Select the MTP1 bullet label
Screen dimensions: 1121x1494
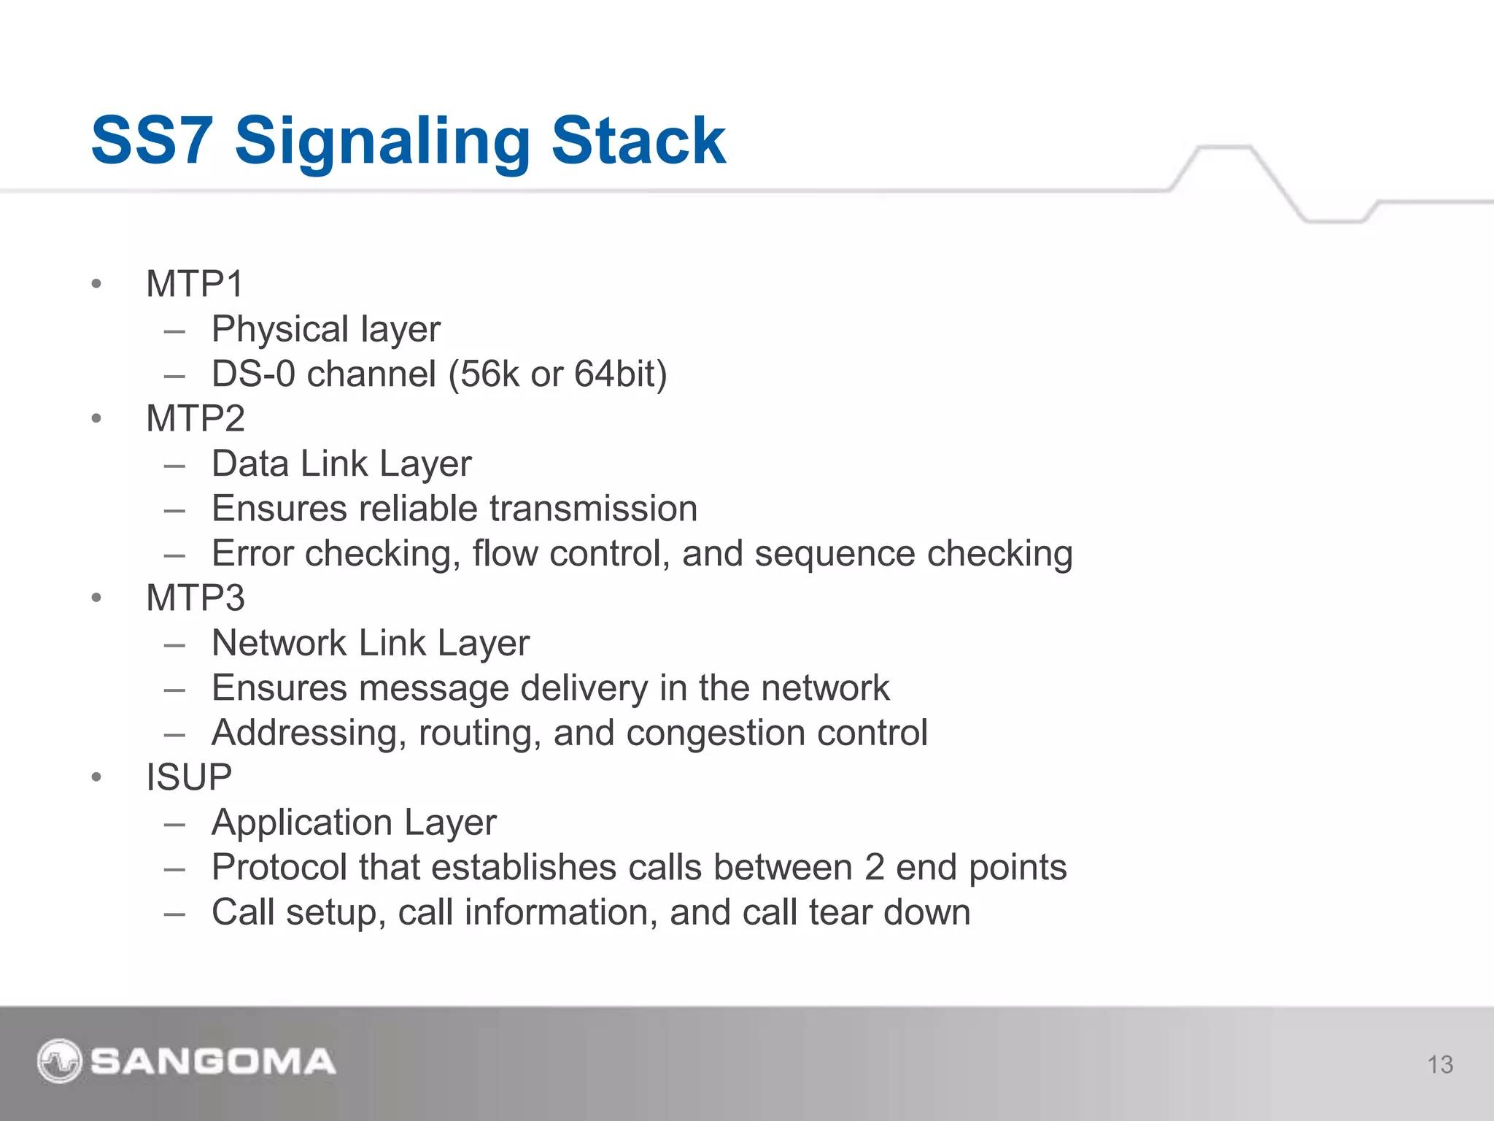(194, 284)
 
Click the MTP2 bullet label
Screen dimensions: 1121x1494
(195, 419)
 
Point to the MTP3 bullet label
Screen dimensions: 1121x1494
(195, 598)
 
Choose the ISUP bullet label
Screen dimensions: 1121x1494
(188, 777)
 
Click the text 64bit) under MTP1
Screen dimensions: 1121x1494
(620, 374)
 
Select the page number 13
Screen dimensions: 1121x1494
(1440, 1065)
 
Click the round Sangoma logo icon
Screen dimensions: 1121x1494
(59, 1060)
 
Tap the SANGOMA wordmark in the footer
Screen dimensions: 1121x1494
(212, 1061)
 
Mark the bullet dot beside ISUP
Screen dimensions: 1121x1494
(96, 777)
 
